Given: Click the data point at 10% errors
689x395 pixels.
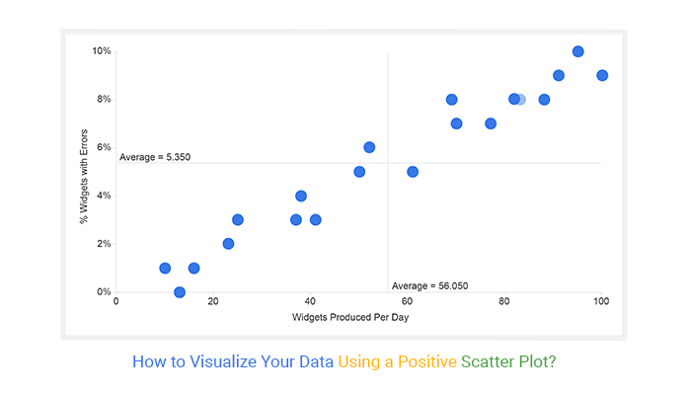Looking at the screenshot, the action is [x=577, y=51].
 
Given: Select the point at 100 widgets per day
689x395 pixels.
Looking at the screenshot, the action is [x=602, y=76].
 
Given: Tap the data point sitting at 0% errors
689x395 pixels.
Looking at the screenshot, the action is [x=180, y=292].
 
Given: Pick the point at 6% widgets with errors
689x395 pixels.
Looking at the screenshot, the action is [x=369, y=147].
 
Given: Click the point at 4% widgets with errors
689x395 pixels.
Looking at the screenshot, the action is [x=300, y=196].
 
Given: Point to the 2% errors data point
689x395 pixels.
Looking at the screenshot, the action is [x=228, y=244].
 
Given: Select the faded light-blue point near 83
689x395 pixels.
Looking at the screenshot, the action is [x=521, y=100].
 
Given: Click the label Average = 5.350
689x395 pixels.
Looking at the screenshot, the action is [x=155, y=157].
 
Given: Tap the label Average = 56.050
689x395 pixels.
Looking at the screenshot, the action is [x=429, y=286].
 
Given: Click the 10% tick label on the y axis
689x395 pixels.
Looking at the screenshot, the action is [x=102, y=51].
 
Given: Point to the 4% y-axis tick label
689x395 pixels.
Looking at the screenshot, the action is [x=104, y=196].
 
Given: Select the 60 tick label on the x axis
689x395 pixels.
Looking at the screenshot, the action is [x=407, y=301].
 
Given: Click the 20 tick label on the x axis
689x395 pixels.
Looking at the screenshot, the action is [x=213, y=301].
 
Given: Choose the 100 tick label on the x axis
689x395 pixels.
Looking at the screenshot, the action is [x=601, y=301].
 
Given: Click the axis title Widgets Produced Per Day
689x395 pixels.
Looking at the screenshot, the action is [x=350, y=317].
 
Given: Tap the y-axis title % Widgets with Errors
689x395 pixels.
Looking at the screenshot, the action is [x=84, y=177].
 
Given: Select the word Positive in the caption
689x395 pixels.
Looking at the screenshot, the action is [x=427, y=361].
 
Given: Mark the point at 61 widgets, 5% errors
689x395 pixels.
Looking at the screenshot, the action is [x=413, y=172].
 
